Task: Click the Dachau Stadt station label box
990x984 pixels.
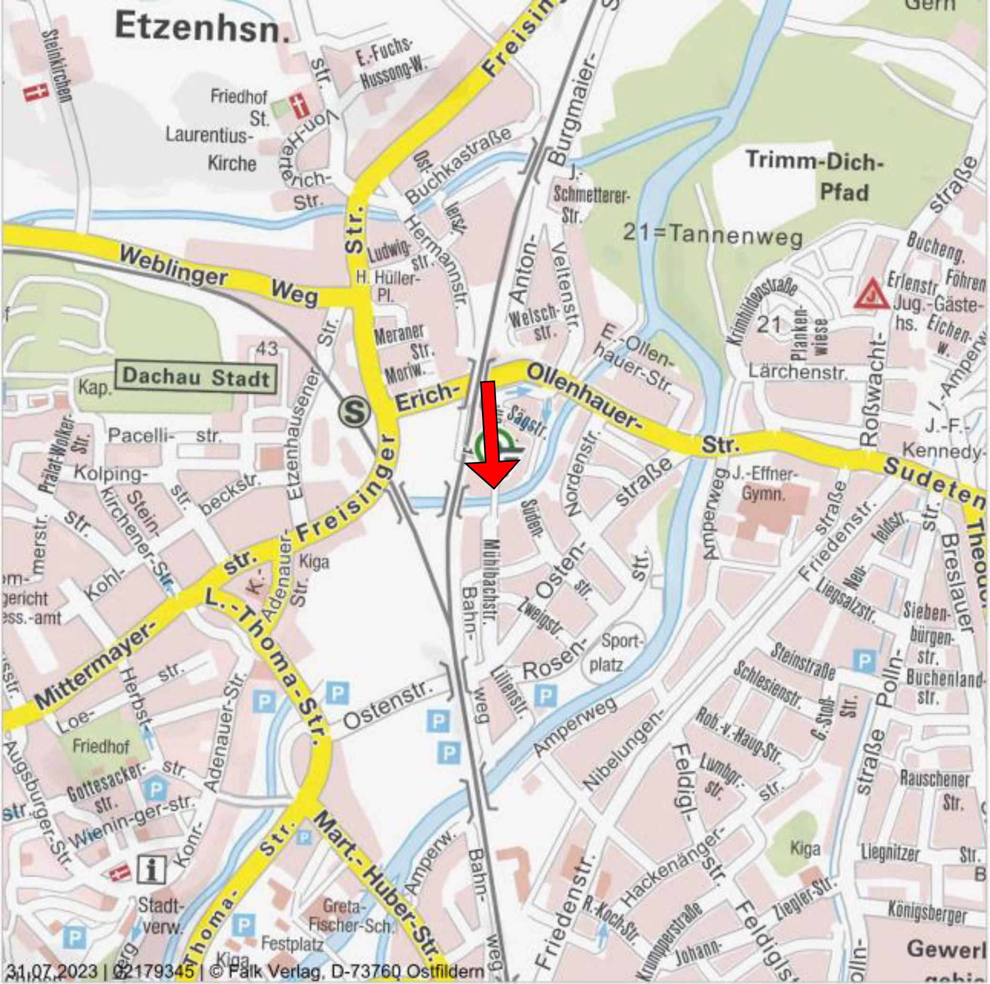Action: (x=196, y=378)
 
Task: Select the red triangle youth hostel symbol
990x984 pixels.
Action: (x=871, y=294)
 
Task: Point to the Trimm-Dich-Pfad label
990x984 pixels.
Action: (x=815, y=177)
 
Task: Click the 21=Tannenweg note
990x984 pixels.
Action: (x=712, y=235)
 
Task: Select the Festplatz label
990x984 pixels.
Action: (x=292, y=944)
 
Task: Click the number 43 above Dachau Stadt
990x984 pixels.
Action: (x=267, y=349)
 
